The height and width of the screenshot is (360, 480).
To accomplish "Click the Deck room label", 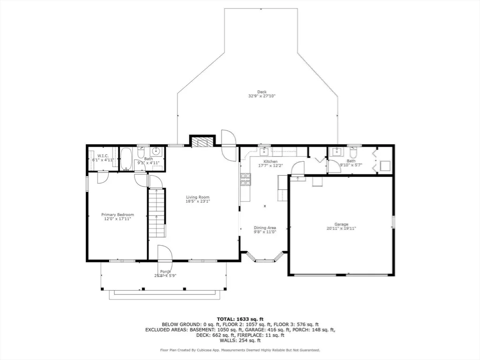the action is click(262, 91).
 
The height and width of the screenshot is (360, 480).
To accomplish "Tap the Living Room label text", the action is click(198, 197).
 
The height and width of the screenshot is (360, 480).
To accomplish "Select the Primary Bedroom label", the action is click(118, 215).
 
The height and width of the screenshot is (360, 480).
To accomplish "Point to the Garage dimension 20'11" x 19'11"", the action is click(341, 228).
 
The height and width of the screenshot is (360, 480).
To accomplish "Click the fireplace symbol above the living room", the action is click(202, 142).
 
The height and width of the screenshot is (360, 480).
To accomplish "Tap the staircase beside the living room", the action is click(157, 212).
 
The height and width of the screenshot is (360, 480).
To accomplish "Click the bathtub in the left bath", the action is click(126, 159).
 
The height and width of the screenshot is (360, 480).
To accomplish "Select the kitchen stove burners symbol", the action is click(246, 180).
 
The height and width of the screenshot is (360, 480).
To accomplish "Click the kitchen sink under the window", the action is click(264, 152).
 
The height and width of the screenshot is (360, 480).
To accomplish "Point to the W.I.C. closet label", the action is click(103, 156).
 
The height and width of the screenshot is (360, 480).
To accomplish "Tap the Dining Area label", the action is click(265, 228).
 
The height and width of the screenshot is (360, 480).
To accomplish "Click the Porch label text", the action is click(165, 271).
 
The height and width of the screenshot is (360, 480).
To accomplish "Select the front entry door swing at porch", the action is click(165, 253).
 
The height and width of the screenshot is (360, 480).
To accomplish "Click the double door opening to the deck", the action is click(229, 145).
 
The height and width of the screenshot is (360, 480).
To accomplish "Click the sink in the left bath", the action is click(156, 151).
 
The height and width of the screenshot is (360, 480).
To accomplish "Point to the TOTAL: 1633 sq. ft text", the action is click(240, 319).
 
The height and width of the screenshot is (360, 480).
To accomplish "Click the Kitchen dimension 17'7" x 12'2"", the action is click(270, 165).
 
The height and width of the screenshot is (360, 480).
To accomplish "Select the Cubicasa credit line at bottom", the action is click(240, 350).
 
